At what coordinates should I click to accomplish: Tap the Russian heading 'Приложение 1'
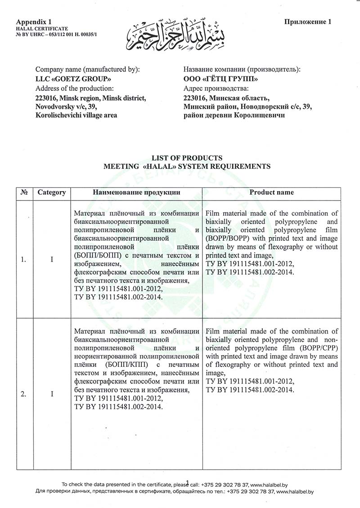(308, 21)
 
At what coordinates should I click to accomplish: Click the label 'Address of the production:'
(75, 88)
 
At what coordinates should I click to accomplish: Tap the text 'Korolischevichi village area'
(76, 115)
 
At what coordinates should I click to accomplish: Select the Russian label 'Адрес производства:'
(216, 88)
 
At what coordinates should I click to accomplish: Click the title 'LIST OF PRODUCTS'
(187, 158)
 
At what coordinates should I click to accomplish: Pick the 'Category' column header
(52, 192)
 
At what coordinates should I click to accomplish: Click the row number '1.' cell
(23, 259)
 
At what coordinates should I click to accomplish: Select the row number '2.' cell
(23, 394)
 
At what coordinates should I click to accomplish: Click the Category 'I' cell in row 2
(52, 394)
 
